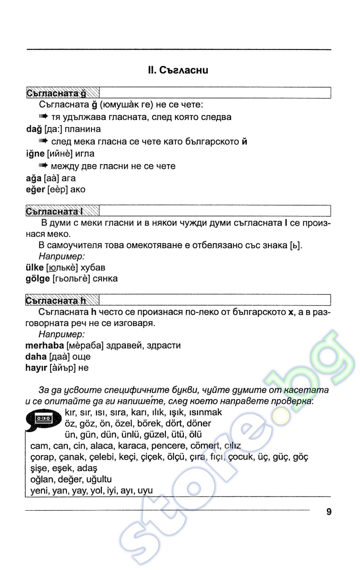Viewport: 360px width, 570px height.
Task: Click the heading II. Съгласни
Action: click(178, 70)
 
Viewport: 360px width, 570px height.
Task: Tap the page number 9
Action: click(329, 512)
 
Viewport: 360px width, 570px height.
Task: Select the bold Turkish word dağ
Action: click(34, 129)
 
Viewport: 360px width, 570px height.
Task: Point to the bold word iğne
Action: click(35, 154)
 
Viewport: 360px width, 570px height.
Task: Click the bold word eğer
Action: click(35, 189)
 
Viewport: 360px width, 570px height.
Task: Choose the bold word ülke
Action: click(35, 268)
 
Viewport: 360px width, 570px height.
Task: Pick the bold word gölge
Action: click(38, 279)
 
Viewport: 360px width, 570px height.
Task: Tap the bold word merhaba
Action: click(44, 345)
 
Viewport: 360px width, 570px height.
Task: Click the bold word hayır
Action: click(36, 367)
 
